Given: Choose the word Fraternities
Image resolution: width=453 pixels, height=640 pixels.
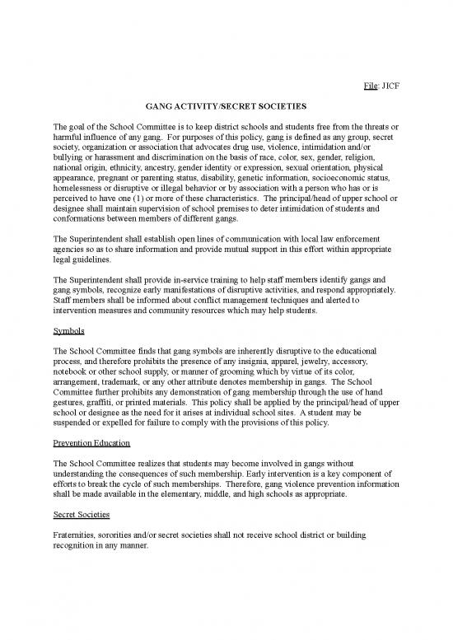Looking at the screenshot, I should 76,535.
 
